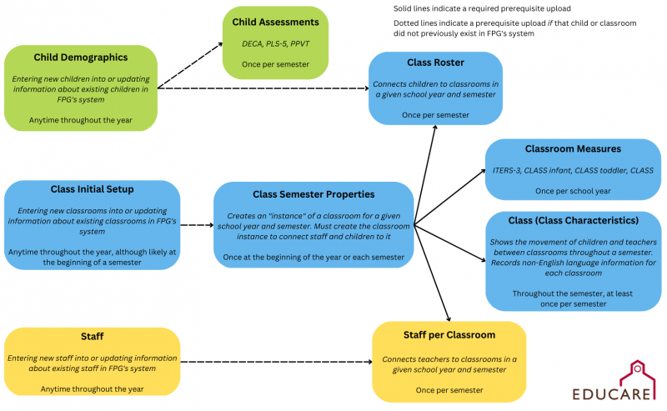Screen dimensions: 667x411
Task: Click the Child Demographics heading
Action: click(x=81, y=58)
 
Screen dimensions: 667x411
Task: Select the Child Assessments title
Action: click(x=275, y=23)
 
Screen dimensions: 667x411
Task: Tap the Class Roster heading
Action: click(x=435, y=63)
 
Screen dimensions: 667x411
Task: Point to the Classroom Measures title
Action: click(x=573, y=149)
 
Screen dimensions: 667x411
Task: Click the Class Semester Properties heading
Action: click(x=313, y=194)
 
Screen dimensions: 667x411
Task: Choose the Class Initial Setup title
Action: click(x=92, y=189)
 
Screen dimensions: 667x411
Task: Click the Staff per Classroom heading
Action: click(x=449, y=335)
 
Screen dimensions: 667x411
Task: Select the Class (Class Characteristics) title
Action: click(x=574, y=220)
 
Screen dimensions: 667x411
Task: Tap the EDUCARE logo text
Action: click(x=611, y=394)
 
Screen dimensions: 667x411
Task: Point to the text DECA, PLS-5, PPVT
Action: click(x=276, y=44)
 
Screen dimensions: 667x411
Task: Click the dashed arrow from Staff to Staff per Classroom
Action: click(x=277, y=362)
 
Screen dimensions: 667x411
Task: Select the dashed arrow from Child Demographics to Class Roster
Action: click(x=263, y=88)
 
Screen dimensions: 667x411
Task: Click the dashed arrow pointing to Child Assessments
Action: click(x=190, y=65)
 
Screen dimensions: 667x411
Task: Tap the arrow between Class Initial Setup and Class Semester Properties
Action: click(x=197, y=225)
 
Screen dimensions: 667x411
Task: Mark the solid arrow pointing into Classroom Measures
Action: click(x=449, y=197)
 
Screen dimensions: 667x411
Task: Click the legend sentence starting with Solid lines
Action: click(x=482, y=8)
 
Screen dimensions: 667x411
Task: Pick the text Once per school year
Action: click(x=573, y=192)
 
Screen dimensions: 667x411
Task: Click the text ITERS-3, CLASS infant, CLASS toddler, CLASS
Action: click(x=573, y=171)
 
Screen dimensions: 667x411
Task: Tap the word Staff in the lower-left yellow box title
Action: click(x=93, y=337)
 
